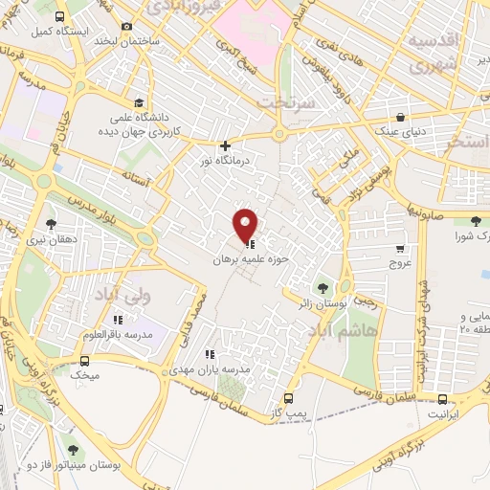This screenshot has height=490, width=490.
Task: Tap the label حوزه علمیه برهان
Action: click(245, 258)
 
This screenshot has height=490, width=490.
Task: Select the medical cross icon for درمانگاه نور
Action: click(225, 146)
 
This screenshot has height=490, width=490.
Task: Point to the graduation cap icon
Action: click(140, 103)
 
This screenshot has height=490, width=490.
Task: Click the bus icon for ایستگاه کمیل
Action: click(60, 17)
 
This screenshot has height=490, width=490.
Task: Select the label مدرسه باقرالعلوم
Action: click(117, 334)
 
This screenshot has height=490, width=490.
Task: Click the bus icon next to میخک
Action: click(85, 362)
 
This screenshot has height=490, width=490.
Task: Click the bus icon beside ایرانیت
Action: click(442, 399)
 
